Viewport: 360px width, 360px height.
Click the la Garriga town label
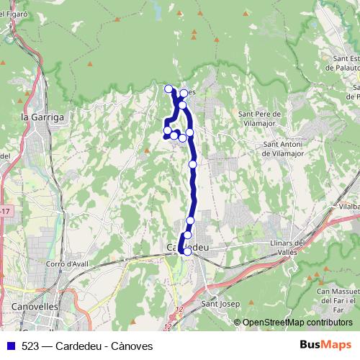[x=43, y=116]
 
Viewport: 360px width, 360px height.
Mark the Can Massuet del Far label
[x=338, y=295]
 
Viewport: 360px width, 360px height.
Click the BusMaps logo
[x=325, y=345]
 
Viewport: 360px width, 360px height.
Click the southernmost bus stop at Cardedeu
[x=187, y=251]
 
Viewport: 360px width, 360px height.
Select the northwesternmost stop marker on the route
[x=169, y=89]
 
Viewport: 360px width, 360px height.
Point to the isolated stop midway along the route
[x=193, y=165]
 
